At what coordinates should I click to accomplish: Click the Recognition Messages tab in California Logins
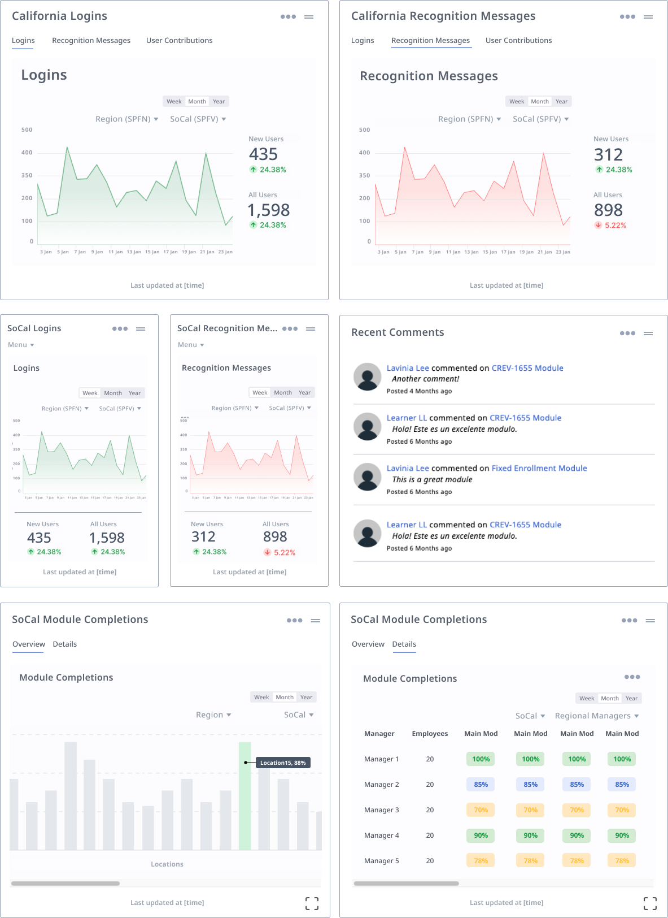tap(91, 41)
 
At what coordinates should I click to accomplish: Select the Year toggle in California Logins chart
tap(219, 102)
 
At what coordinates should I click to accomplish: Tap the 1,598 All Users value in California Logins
tap(269, 210)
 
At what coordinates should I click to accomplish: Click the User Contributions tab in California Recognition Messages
tap(518, 41)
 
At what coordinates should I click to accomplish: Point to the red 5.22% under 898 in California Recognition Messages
tap(615, 226)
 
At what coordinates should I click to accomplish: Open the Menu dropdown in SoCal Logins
tap(21, 345)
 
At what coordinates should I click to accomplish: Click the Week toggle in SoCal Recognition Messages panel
tap(260, 393)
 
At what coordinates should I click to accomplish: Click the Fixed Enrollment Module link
tap(539, 469)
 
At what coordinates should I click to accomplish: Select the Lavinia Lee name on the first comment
tap(407, 369)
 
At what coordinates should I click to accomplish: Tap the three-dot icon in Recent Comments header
tap(627, 334)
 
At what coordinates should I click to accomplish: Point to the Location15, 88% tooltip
tap(283, 763)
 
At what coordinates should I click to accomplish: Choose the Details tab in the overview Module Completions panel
tap(64, 644)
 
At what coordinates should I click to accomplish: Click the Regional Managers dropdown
tap(596, 716)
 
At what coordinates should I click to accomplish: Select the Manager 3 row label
tap(381, 810)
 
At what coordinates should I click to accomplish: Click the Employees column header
tap(430, 734)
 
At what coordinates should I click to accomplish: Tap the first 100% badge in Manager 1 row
tap(481, 759)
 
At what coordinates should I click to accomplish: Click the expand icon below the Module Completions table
tap(650, 903)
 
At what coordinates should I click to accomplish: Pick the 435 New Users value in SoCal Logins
tap(39, 538)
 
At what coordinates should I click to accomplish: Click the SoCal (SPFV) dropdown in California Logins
tap(198, 119)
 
